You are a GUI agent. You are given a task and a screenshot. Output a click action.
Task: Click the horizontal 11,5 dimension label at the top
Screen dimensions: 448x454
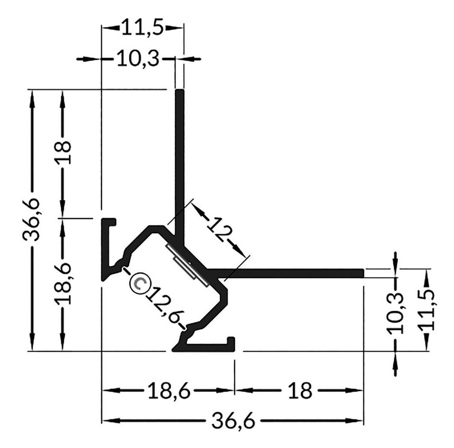coord(143,27)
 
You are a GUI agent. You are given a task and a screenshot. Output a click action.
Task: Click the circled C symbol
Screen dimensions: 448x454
coord(139,283)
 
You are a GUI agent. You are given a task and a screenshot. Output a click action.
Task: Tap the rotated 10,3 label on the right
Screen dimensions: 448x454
coord(395,313)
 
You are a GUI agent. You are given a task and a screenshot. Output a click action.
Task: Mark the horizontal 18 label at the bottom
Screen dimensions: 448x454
coord(300,391)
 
